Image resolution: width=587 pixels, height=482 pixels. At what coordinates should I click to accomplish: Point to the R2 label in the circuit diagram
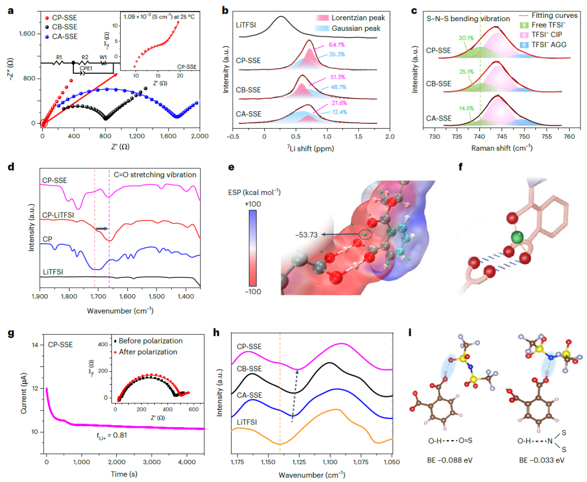click(85, 57)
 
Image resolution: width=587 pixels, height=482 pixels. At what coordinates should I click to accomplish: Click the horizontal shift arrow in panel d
click(102, 229)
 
